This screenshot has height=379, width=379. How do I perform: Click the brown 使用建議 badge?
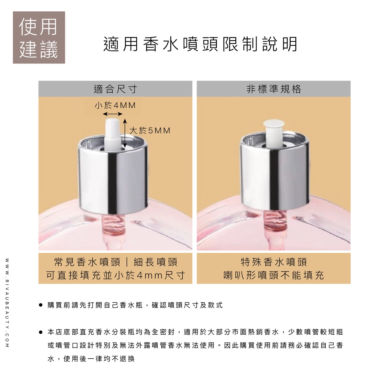tap(39, 38)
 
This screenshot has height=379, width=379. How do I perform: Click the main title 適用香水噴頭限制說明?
tap(200, 44)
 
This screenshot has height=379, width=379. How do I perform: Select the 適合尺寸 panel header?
tap(115, 89)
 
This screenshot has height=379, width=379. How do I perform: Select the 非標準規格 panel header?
tap(274, 89)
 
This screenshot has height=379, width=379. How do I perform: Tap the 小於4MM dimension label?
tap(115, 105)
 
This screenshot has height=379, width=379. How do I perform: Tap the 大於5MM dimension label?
tap(150, 130)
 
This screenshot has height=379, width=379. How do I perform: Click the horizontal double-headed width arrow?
tap(113, 114)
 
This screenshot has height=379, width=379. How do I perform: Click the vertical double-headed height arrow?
tap(125, 133)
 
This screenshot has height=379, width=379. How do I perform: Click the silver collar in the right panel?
tap(274, 178)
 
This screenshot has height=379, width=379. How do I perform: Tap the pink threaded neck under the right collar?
tap(274, 220)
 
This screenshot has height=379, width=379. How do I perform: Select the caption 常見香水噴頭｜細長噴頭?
tap(116, 262)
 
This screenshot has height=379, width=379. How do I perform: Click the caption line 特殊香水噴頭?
tap(274, 262)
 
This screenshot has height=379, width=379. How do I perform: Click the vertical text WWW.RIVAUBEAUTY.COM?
tap(7, 303)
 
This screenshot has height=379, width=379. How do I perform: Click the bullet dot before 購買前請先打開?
tap(41, 305)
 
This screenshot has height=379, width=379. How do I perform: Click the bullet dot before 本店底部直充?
tap(41, 332)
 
